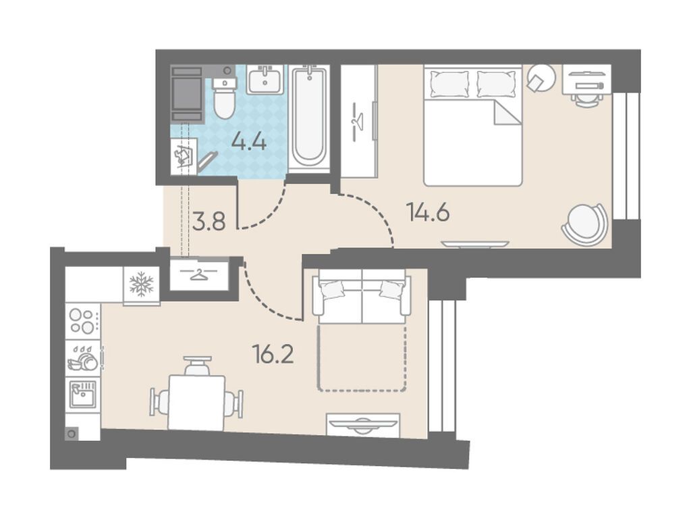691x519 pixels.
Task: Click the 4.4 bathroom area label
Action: [x=249, y=142]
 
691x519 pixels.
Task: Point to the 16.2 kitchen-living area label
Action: [x=273, y=354]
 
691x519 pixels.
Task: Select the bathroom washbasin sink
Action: [x=265, y=80]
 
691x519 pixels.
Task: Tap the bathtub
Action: [x=309, y=116]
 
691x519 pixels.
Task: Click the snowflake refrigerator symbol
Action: [x=142, y=284]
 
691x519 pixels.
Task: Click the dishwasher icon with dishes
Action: [x=83, y=358]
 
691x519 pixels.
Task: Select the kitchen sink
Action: [x=83, y=394]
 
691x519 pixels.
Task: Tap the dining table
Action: [x=197, y=403]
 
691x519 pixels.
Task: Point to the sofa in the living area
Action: [x=362, y=297]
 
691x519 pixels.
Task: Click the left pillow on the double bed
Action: [x=449, y=84]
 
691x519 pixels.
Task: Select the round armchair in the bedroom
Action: [x=584, y=224]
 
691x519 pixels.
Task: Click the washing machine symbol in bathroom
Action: [x=184, y=157]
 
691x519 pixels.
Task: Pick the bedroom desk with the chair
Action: [x=587, y=84]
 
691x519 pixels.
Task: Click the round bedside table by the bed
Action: [x=541, y=78]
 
